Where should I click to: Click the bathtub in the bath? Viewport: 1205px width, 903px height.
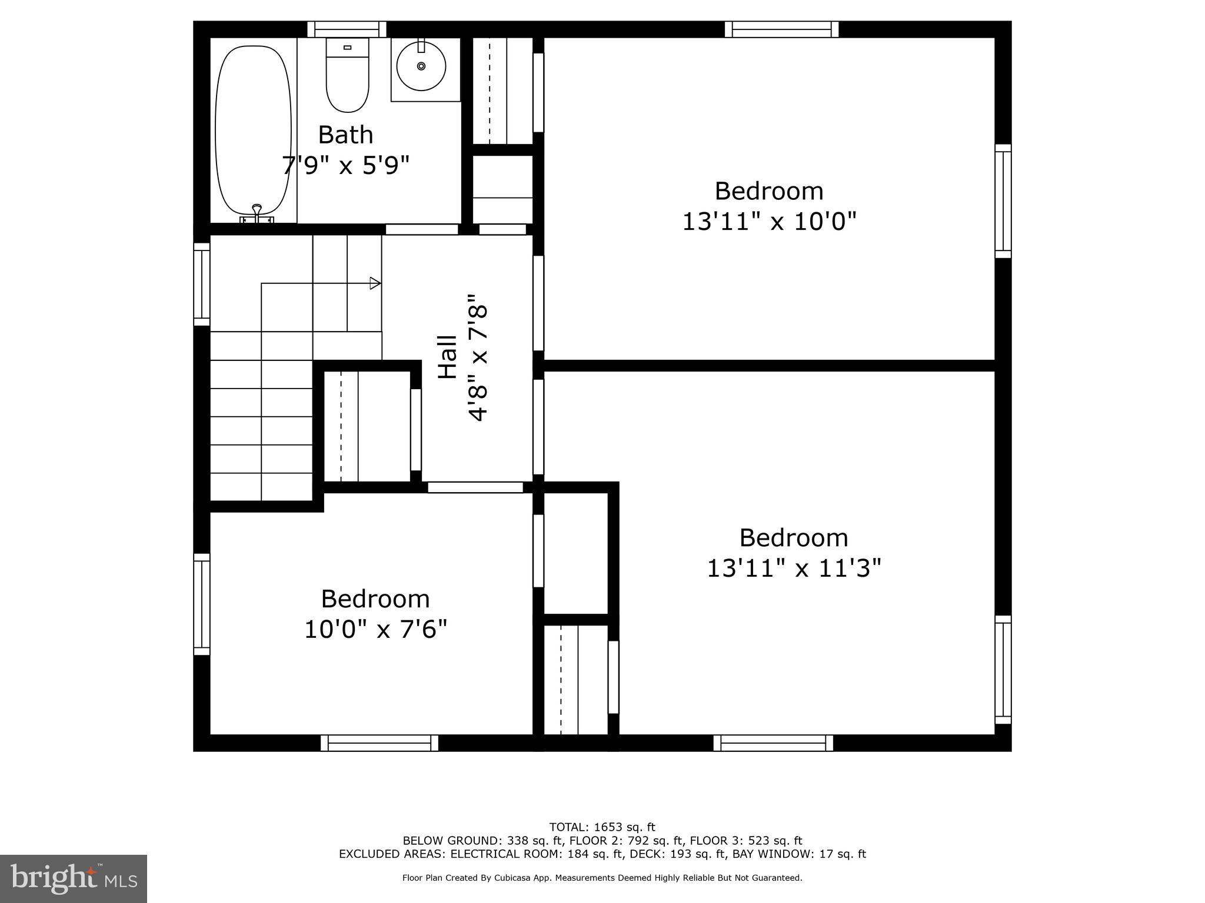(253, 131)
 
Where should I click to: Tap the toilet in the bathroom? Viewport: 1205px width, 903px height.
(347, 76)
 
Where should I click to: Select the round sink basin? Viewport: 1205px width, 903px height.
(421, 66)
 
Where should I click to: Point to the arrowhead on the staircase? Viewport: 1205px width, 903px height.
(375, 283)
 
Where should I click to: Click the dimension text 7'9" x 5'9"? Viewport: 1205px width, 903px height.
(346, 165)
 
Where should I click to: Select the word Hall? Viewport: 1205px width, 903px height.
(448, 357)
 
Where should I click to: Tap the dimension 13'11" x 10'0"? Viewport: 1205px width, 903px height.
(769, 222)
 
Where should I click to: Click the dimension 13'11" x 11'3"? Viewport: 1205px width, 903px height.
(794, 568)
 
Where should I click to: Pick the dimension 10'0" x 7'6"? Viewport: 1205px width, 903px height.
(375, 630)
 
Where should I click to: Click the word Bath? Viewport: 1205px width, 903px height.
(346, 135)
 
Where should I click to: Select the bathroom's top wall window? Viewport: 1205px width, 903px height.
(347, 29)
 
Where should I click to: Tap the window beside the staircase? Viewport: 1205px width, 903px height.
(202, 284)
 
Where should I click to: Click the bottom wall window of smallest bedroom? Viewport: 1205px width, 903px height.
(380, 743)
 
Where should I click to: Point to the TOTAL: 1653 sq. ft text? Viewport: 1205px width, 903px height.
(602, 827)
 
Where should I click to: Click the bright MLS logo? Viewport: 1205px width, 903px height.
(74, 878)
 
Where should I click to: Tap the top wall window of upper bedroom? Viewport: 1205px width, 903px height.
(781, 29)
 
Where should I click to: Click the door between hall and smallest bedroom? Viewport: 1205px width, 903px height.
(475, 487)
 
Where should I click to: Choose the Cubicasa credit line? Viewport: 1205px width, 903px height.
(602, 878)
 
